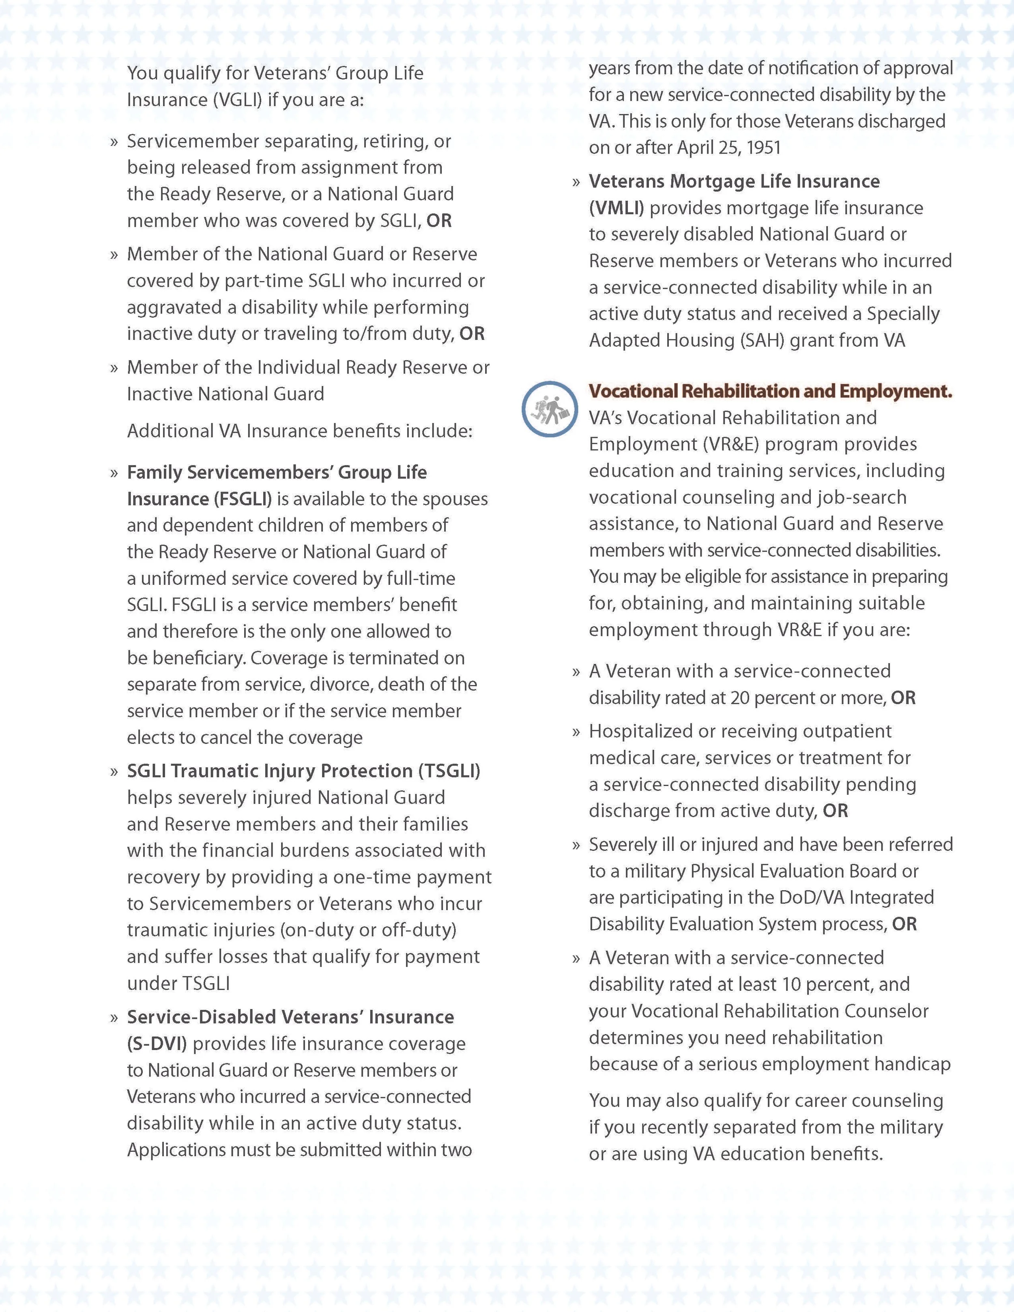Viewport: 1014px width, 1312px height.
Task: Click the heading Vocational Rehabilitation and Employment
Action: tap(770, 391)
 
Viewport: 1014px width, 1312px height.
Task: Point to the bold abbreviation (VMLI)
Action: tap(617, 208)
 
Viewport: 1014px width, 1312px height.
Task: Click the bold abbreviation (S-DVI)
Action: tap(157, 1044)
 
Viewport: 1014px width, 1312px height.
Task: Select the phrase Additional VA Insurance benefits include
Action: tap(300, 431)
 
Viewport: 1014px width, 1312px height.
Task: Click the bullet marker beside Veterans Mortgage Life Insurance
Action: tap(576, 182)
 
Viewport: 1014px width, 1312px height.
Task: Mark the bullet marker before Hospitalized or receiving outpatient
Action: tap(576, 732)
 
